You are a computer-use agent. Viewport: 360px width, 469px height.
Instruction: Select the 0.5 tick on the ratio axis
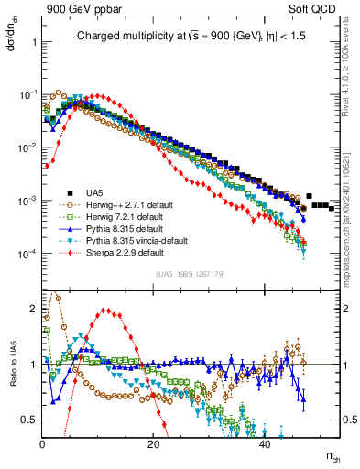point(33,420)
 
